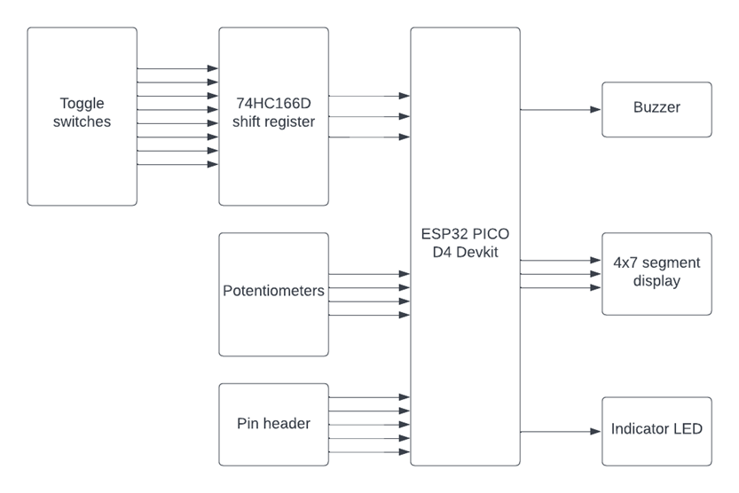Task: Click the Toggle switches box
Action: (82, 116)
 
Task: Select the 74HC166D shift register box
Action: (273, 116)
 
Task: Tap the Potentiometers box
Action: (273, 295)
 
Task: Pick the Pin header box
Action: (273, 424)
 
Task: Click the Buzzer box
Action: (656, 110)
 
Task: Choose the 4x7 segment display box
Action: (656, 273)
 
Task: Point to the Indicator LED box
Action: (656, 431)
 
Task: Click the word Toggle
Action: (82, 103)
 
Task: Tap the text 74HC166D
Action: (273, 103)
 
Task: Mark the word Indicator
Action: (641, 429)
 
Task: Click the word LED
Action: (688, 429)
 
